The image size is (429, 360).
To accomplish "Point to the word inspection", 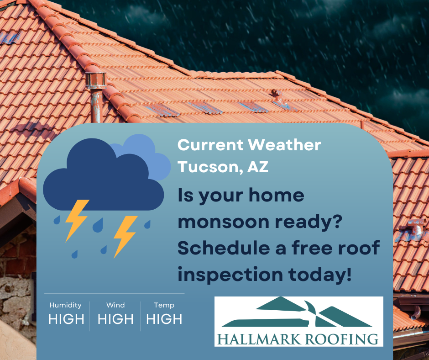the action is coord(230,275).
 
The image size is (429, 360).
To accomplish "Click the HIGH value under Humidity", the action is coord(66,319).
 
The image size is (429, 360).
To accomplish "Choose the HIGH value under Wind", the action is coord(115,319).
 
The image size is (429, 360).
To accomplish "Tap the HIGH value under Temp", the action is coord(164,319).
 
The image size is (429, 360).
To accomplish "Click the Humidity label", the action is coord(65,305).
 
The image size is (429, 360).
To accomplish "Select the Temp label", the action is coord(164,305).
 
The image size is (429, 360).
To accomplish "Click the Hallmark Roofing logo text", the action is coord(298,339).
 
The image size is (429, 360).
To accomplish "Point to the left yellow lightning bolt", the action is coord(76,220).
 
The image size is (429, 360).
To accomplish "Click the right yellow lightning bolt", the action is coord(125,236).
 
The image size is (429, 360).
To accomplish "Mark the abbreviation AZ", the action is coord(258,166).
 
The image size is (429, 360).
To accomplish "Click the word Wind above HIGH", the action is coord(115,305).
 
